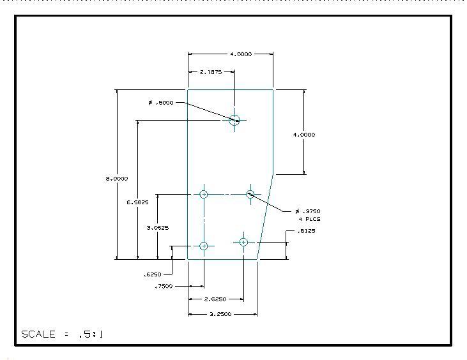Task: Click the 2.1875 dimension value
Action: pyautogui.click(x=210, y=72)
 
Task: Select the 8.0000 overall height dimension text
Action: pyautogui.click(x=117, y=179)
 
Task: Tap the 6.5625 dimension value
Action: pyautogui.click(x=137, y=202)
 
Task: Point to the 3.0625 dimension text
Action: pyautogui.click(x=157, y=227)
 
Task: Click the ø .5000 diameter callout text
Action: pyautogui.click(x=161, y=102)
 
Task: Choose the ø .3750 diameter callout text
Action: pyautogui.click(x=308, y=211)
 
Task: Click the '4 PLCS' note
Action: pyautogui.click(x=309, y=219)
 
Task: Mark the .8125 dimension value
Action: pyautogui.click(x=307, y=231)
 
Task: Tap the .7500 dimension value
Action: pyautogui.click(x=164, y=287)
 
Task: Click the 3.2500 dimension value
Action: pyautogui.click(x=220, y=314)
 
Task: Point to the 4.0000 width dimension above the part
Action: pyautogui.click(x=240, y=54)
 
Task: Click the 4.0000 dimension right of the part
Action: pyautogui.click(x=303, y=135)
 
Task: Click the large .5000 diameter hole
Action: pyautogui.click(x=234, y=119)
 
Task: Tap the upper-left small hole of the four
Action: pyautogui.click(x=204, y=194)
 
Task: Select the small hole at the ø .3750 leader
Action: pyautogui.click(x=250, y=194)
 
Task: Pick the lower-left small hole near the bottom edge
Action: pyautogui.click(x=204, y=246)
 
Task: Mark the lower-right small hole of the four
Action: pyautogui.click(x=243, y=241)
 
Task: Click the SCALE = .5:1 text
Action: pyautogui.click(x=63, y=334)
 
